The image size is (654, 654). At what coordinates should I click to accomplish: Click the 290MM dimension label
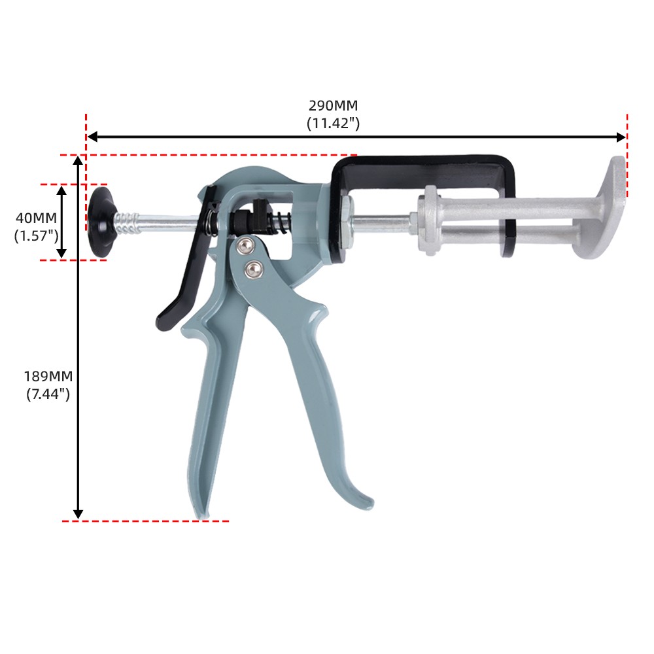click(333, 105)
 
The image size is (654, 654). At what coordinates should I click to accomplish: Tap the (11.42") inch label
click(333, 124)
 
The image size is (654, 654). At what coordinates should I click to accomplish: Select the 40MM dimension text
click(36, 218)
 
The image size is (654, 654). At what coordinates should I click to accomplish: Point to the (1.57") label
click(36, 235)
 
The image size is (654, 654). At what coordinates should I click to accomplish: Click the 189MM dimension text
click(48, 376)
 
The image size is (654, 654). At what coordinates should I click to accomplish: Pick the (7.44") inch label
click(48, 394)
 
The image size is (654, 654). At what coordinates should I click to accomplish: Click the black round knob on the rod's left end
click(101, 222)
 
